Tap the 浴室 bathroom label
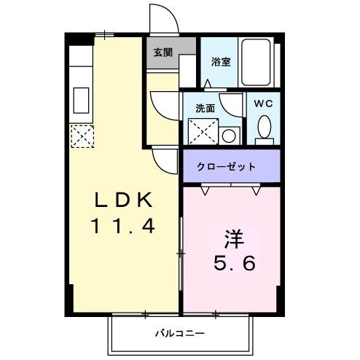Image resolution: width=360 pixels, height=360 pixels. [221, 61]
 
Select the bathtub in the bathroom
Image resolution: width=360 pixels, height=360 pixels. [257, 62]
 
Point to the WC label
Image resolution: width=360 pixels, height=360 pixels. [263, 103]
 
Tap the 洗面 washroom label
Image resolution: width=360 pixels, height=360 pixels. [205, 109]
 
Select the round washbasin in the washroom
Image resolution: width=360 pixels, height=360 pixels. [230, 135]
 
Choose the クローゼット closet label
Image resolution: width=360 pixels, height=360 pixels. [227, 167]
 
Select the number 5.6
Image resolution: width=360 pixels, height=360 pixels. [232, 262]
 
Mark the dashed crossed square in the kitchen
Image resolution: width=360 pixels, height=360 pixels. [81, 135]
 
